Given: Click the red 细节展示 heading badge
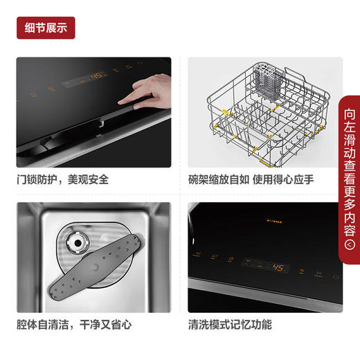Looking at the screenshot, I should click(x=46, y=28).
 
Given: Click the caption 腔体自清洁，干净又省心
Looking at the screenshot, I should click(x=74, y=324).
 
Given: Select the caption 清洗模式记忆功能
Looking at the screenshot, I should click(x=231, y=324).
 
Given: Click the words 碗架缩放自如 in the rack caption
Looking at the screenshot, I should click(x=217, y=179).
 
